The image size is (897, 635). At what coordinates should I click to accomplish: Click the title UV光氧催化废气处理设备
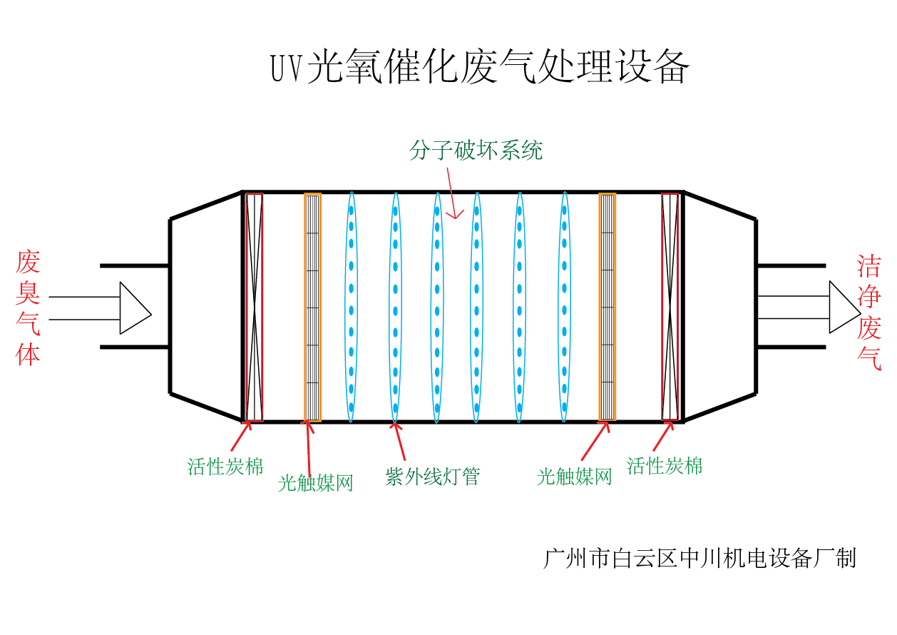pos(480,68)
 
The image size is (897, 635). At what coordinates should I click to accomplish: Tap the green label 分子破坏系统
pos(476,150)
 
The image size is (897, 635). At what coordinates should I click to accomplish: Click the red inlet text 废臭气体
pos(28,308)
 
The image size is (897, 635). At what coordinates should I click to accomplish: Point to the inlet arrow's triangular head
pos(134,308)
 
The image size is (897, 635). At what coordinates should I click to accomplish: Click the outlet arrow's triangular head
pos(844,307)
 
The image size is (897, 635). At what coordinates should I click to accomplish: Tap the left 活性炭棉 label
pos(225,467)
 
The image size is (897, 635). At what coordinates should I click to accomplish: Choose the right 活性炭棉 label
pos(665,466)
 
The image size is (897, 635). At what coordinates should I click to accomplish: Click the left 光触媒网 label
pos(316,483)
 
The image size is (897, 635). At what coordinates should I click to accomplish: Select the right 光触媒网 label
pos(574,477)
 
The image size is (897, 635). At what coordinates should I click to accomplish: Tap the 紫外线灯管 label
pos(433,477)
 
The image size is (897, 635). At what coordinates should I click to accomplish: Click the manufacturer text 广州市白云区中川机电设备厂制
pos(699,558)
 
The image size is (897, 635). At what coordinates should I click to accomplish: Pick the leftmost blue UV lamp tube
pos(351,307)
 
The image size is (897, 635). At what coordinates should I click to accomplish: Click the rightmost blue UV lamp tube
pos(564,307)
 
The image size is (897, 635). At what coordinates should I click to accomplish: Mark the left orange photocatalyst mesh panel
pos(312,307)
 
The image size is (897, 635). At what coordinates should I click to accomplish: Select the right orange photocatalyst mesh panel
pos(607,307)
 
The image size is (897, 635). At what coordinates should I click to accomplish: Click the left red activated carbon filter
pos(255,307)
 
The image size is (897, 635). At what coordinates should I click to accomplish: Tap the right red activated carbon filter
pos(670,307)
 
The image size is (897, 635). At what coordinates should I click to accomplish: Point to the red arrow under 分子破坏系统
pos(451,193)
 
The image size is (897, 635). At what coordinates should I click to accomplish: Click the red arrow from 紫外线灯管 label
pos(399,441)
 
